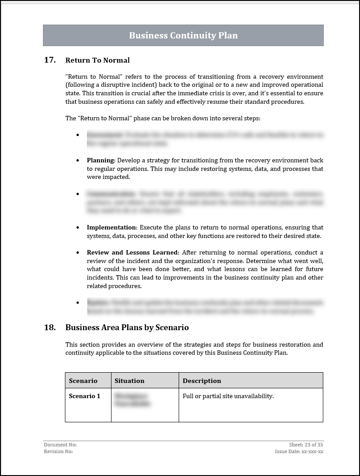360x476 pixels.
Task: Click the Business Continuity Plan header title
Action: click(x=183, y=35)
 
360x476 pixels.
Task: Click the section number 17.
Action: click(x=50, y=60)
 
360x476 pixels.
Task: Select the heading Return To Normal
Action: click(x=98, y=60)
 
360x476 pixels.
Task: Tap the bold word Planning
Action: click(x=101, y=160)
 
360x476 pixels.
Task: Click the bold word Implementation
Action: click(x=111, y=227)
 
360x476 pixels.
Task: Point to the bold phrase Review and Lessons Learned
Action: click(x=133, y=252)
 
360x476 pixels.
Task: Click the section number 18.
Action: click(x=50, y=327)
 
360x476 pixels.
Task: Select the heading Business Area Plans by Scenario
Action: click(x=127, y=327)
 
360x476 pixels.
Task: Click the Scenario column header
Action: click(x=83, y=381)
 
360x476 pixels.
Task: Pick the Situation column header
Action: click(x=129, y=381)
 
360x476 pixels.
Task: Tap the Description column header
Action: click(x=202, y=381)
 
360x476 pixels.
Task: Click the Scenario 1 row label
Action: click(x=85, y=396)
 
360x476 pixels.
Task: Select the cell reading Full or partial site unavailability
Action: click(x=228, y=396)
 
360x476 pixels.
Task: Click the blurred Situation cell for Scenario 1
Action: click(x=133, y=399)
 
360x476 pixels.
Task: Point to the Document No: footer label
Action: click(x=60, y=445)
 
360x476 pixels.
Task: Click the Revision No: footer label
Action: click(x=58, y=451)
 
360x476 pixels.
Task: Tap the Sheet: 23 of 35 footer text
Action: click(x=306, y=445)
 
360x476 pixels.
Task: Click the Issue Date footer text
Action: click(x=299, y=451)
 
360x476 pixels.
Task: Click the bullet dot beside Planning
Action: click(x=78, y=160)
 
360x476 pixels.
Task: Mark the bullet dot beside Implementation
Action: click(x=78, y=227)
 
